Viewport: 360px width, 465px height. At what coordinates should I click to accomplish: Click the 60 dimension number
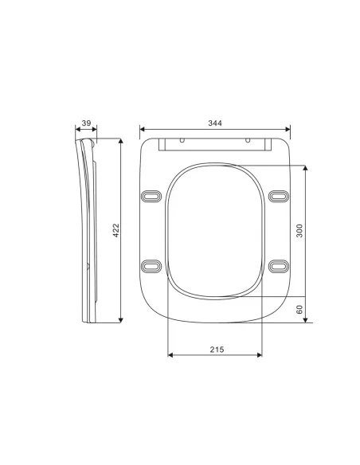tap(299, 310)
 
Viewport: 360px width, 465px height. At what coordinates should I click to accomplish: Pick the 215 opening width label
tap(216, 350)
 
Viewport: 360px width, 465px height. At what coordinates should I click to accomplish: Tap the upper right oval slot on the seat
tap(277, 196)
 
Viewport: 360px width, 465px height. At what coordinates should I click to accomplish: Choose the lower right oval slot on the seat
tap(277, 264)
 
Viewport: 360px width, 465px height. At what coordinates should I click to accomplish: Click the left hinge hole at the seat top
tap(182, 141)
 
